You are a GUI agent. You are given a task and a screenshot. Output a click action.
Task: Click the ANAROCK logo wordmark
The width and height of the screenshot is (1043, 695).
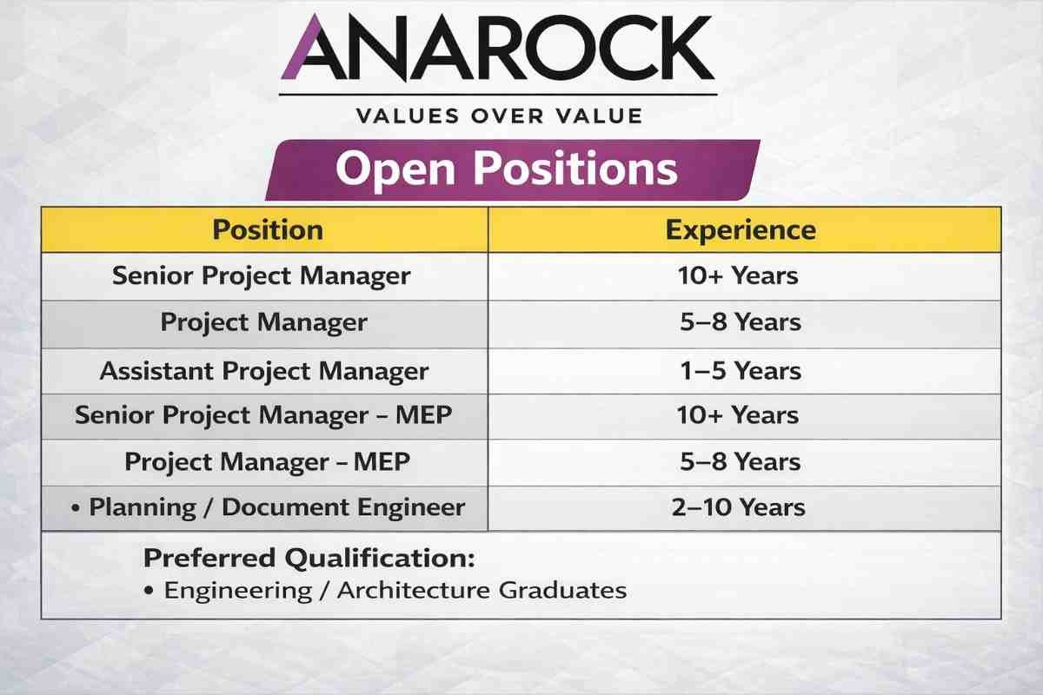tap(498, 48)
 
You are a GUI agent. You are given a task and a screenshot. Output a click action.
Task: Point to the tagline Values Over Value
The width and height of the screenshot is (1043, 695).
tap(499, 116)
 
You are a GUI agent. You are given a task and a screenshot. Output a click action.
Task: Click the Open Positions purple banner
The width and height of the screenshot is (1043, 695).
tap(512, 170)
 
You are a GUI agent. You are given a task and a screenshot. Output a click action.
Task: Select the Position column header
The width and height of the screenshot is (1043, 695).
tap(268, 230)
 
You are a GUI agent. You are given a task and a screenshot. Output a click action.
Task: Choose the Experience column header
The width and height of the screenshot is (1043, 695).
tap(741, 230)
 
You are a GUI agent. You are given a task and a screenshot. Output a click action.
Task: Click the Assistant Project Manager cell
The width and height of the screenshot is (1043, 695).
tap(264, 372)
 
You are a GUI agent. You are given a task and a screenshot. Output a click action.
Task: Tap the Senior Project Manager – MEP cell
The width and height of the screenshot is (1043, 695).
tap(263, 415)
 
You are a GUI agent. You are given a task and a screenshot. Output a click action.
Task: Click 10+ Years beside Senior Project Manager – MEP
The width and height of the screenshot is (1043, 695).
tap(738, 415)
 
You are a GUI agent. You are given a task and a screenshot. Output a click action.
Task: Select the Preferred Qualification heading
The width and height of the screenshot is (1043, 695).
tap(309, 558)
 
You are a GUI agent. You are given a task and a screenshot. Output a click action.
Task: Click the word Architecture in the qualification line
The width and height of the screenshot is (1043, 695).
tap(414, 590)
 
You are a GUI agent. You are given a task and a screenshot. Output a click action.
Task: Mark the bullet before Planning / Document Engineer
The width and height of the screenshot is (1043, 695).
tap(76, 508)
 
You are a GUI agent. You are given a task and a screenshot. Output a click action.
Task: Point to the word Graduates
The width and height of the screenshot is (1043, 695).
tap(562, 590)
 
